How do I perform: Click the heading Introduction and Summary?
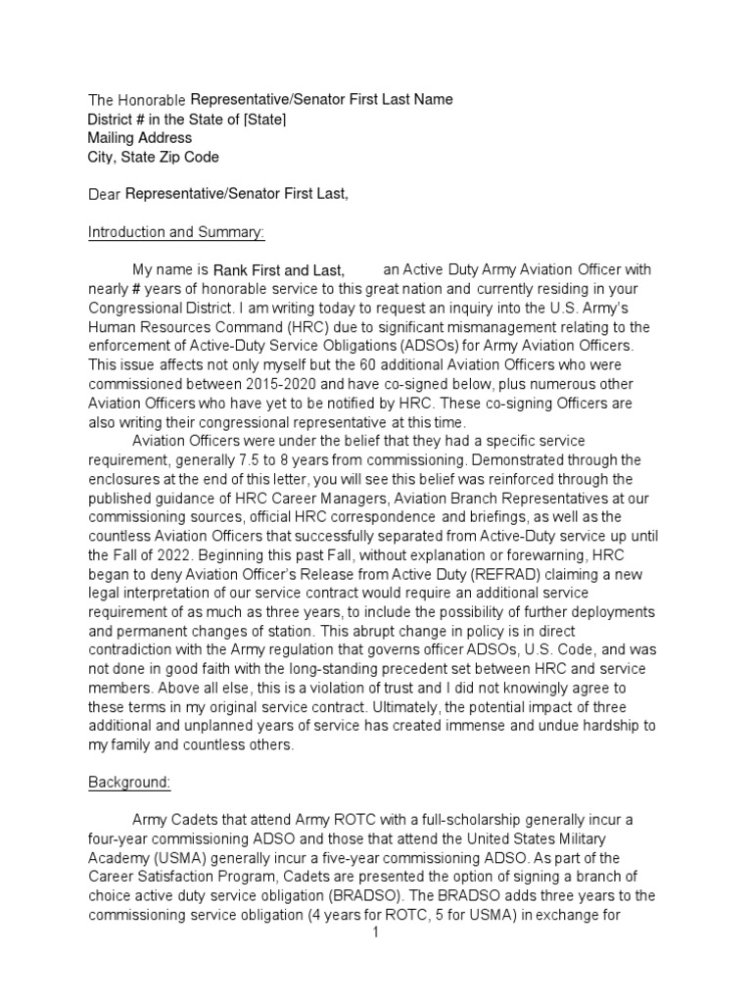click(176, 232)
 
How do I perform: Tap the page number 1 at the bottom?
click(375, 932)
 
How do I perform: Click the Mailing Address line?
click(140, 138)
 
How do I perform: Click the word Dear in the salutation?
click(105, 195)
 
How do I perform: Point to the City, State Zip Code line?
click(154, 157)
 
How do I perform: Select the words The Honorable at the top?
click(137, 101)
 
